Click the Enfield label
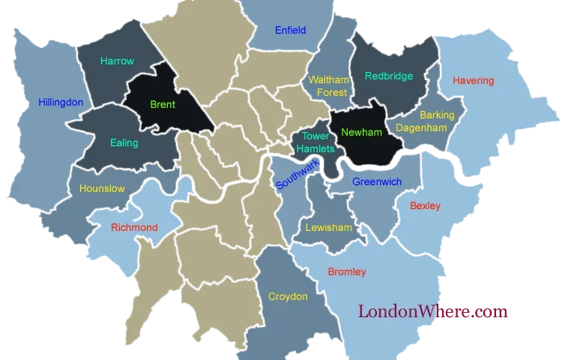(x=290, y=31)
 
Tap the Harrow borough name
(x=117, y=61)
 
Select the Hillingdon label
(x=61, y=102)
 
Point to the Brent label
(x=163, y=105)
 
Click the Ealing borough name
(x=124, y=142)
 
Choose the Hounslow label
(x=102, y=189)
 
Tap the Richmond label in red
(x=134, y=227)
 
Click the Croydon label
(x=288, y=296)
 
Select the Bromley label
(x=347, y=271)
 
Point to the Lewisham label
(x=328, y=227)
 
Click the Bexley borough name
(x=425, y=205)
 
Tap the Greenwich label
(x=377, y=181)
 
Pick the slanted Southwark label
(x=297, y=173)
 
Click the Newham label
(x=361, y=133)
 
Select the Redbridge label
(x=389, y=76)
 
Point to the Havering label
(x=474, y=80)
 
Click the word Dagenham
(x=422, y=128)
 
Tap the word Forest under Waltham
(x=331, y=92)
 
